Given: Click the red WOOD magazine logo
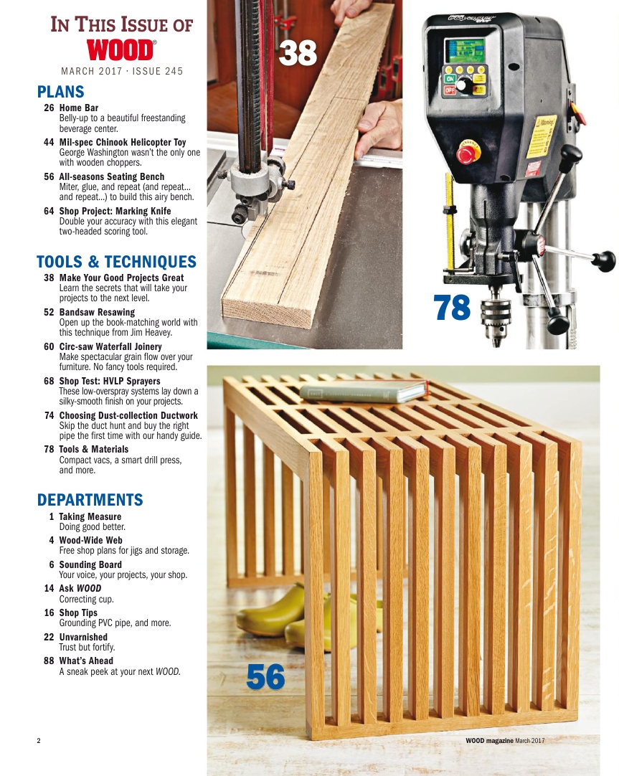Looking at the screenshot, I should pos(121,50).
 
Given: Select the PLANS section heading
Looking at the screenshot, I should pos(60,92).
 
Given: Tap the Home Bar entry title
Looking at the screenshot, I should pos(78,108).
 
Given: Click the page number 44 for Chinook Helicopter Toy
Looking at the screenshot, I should pos(49,142).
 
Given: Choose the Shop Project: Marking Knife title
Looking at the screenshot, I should pos(115,211).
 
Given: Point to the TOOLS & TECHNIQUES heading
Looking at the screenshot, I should pos(116,261).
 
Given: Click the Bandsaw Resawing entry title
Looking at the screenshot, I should pos(97,313).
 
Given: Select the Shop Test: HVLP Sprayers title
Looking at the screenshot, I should pos(109,381).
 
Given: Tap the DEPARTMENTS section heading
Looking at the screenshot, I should pos(90,499).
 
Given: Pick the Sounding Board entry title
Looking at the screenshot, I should pos(90,564).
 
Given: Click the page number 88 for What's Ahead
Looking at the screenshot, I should pos(49,661).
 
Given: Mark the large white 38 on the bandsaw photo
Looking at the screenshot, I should pos(298,54).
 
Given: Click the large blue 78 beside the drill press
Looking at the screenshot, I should pos(453,308).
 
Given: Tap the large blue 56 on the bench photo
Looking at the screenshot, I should pos(265,677).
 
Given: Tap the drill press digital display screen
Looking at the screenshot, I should pos(463,51).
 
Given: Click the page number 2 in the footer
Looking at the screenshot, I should pos(39,740).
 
